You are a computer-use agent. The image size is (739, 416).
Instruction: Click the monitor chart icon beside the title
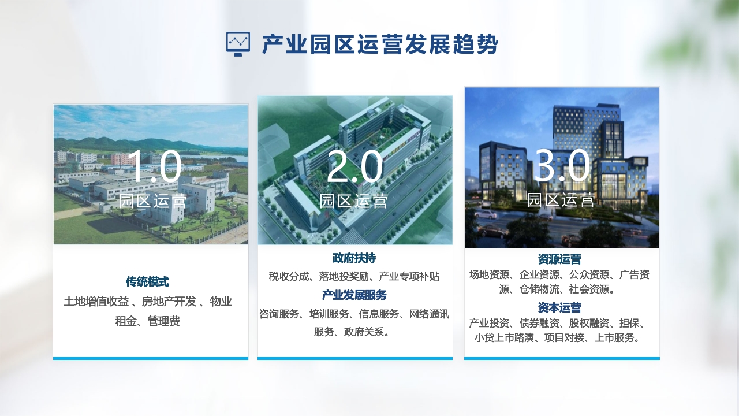238,44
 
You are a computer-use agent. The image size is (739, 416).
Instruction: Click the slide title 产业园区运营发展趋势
380,44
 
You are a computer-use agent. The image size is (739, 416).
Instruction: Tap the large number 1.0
154,166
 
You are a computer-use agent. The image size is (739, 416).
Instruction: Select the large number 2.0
354,166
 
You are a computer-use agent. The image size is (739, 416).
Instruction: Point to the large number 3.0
562,165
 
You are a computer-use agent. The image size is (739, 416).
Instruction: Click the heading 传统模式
147,281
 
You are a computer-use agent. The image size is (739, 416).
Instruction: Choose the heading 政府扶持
354,258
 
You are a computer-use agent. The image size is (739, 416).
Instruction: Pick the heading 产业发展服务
354,295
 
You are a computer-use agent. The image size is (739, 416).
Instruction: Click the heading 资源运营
559,259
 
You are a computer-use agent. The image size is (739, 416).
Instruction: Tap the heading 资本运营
559,308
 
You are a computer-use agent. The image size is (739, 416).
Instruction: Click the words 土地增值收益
96,302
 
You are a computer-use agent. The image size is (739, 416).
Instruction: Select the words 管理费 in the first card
163,321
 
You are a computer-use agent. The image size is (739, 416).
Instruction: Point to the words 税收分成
288,276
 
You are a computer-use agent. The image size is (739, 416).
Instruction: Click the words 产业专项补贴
409,276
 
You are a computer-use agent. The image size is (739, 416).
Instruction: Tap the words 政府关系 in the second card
364,332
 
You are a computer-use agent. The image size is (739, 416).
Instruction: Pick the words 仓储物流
539,289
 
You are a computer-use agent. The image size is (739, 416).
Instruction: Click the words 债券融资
539,323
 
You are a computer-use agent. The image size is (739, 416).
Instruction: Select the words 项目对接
564,338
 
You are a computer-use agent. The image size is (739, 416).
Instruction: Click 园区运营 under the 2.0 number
353,201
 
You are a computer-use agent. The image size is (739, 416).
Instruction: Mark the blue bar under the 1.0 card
151,358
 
